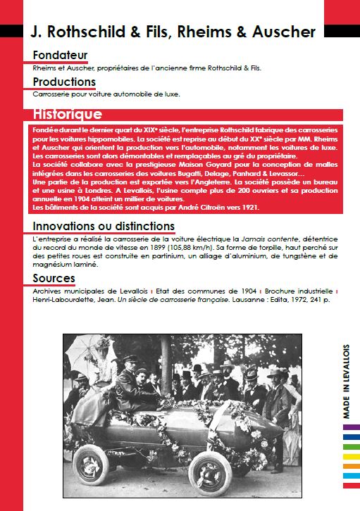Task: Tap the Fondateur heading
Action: [60, 55]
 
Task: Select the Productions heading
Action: [63, 82]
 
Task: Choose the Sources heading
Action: [54, 279]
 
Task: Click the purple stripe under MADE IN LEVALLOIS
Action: [350, 427]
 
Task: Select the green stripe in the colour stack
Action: [350, 446]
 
